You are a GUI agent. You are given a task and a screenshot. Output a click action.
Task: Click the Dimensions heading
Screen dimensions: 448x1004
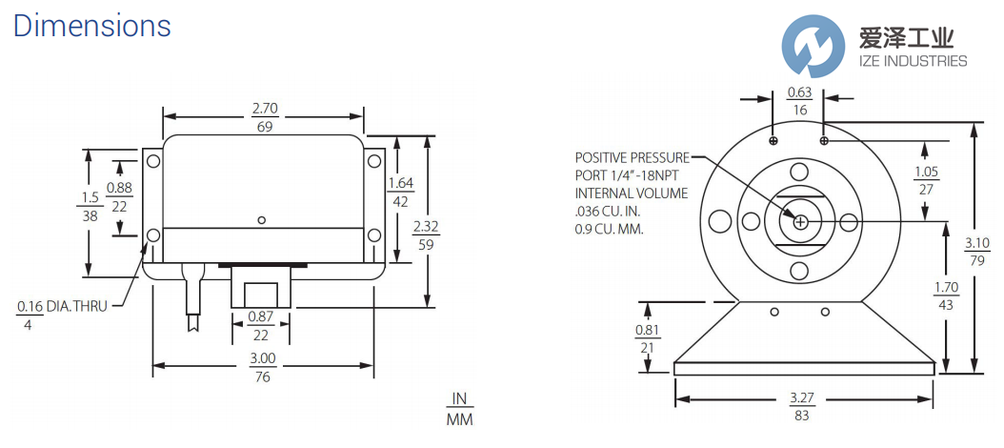(92, 26)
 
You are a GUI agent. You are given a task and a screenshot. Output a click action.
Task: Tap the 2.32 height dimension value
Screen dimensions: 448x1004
(427, 228)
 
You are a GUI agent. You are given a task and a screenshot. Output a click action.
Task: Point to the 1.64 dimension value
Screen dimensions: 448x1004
(400, 183)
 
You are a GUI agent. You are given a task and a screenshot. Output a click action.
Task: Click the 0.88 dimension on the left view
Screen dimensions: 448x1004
(119, 189)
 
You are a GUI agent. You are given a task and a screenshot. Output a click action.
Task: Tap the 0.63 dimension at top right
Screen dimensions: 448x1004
(799, 92)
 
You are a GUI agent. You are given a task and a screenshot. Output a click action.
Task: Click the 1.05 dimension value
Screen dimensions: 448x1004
(925, 172)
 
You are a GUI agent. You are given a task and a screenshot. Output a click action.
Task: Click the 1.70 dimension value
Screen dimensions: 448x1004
(946, 288)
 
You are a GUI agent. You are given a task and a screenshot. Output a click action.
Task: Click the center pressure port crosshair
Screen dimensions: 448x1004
(800, 222)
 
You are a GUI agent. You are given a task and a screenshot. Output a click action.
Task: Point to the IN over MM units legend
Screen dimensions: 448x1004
(460, 409)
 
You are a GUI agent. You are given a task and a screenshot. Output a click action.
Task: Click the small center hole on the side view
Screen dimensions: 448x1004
(262, 220)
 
